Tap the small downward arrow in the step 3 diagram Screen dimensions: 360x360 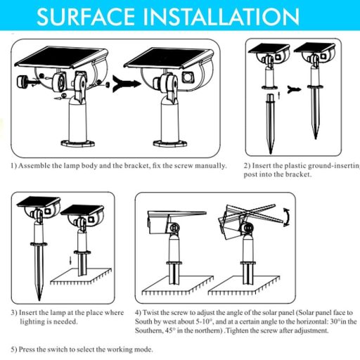(x=70, y=259)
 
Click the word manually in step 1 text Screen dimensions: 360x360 (x=210, y=166)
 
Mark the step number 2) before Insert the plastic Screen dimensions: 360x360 (x=247, y=166)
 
